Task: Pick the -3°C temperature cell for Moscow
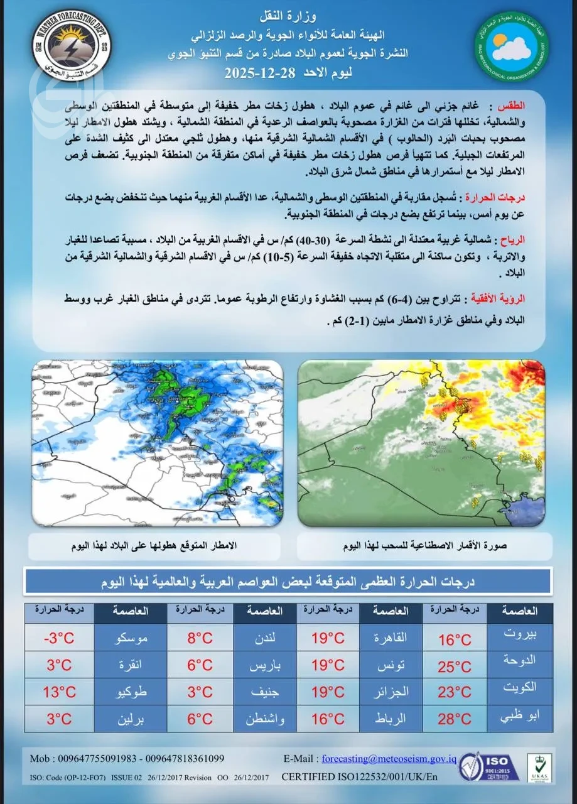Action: [59, 639]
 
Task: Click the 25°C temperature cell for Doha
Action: [454, 666]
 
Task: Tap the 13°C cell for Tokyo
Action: [59, 692]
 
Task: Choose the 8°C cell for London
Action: [200, 639]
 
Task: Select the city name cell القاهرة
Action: [391, 639]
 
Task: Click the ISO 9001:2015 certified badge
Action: [490, 764]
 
